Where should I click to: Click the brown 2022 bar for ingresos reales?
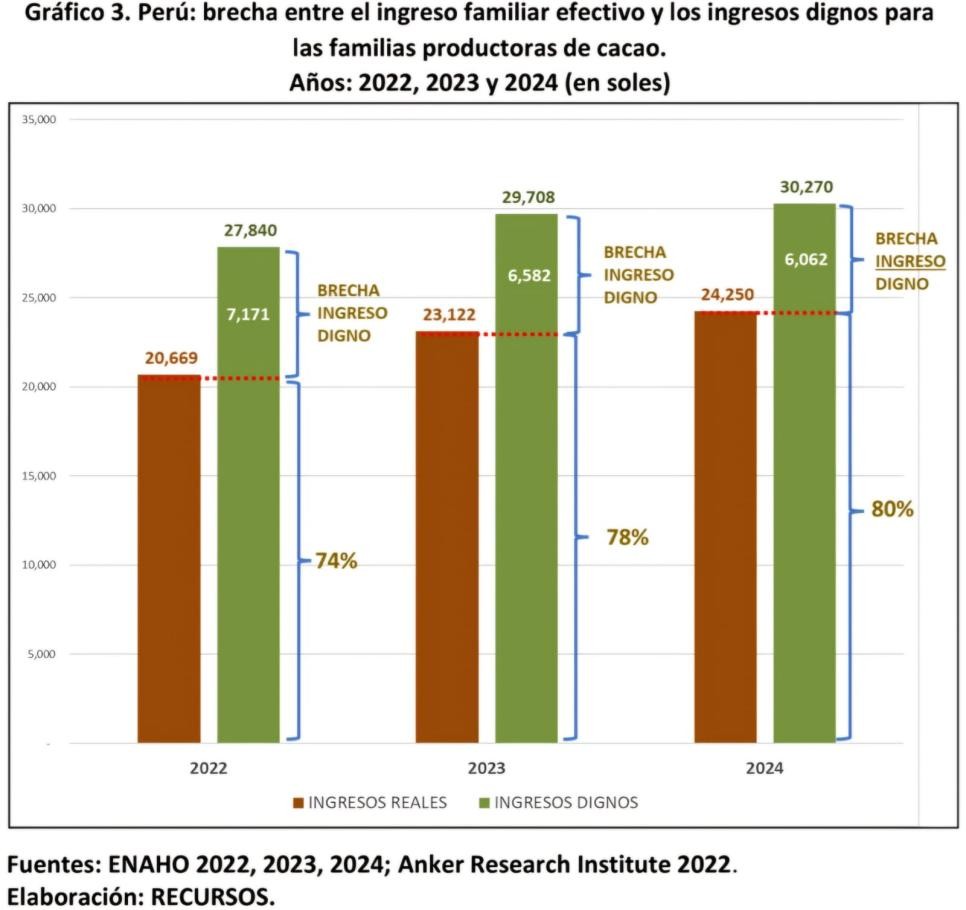click(x=169, y=560)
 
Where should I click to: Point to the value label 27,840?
click(x=249, y=231)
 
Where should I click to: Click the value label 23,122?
click(x=447, y=316)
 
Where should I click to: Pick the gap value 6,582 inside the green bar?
click(x=529, y=275)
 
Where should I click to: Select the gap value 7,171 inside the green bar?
click(x=249, y=314)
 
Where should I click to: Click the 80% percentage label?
click(x=892, y=509)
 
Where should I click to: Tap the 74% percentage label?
click(x=336, y=561)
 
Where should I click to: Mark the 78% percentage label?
click(x=627, y=537)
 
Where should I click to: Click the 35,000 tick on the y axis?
click(x=39, y=120)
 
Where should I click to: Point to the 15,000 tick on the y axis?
click(x=39, y=476)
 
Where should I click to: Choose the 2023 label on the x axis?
click(x=487, y=770)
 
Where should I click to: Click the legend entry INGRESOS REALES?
click(x=377, y=802)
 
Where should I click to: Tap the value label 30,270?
click(x=806, y=187)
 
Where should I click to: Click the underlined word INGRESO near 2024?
click(x=910, y=261)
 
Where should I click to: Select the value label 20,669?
click(x=169, y=359)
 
